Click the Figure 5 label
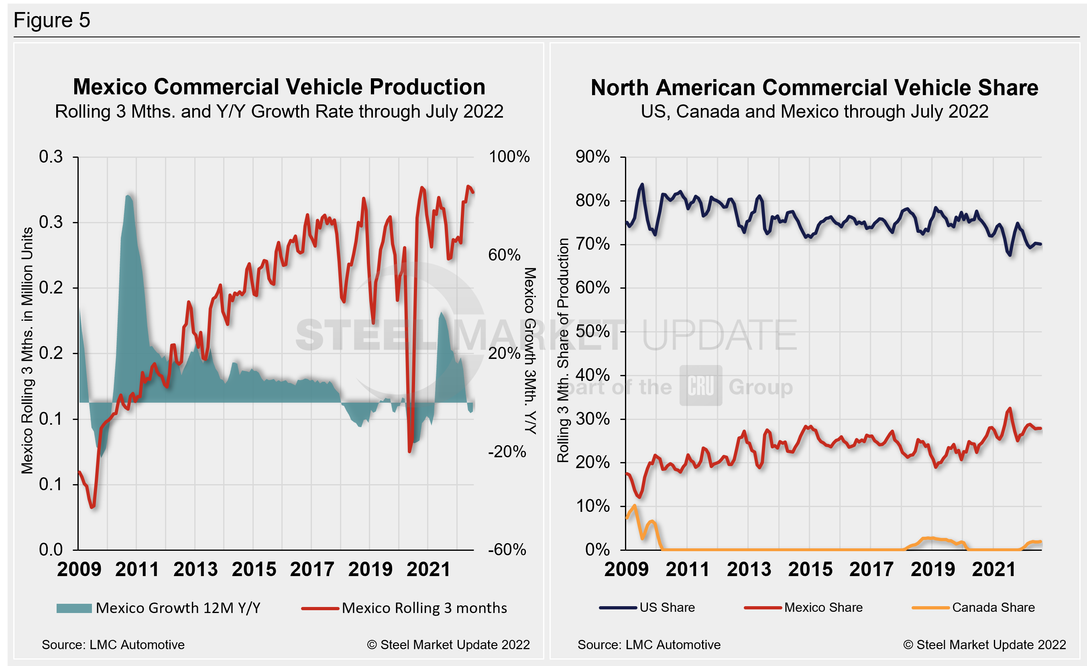[52, 20]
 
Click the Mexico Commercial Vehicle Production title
[279, 87]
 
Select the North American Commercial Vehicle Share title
[814, 88]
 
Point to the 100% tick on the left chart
[509, 157]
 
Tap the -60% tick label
[507, 550]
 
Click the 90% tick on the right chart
[592, 157]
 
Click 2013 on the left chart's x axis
[195, 569]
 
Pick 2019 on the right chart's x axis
[932, 569]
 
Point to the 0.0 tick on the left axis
[51, 550]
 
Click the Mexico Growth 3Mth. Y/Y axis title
[530, 350]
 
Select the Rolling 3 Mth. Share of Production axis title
[562, 350]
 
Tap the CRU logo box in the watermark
[700, 385]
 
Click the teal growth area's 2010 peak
[128, 196]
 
